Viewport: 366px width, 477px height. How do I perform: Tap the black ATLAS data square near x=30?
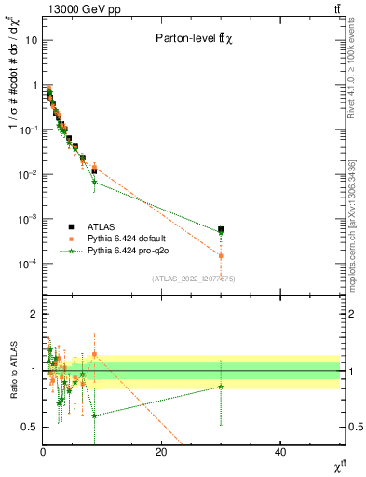221,229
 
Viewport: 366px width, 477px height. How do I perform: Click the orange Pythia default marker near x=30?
221,254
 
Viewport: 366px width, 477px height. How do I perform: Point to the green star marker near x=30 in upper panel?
221,233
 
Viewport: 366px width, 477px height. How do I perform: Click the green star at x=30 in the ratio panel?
221,386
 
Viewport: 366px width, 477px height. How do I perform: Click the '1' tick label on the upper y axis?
35,86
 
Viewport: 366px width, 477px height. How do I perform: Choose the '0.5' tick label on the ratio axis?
31,428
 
